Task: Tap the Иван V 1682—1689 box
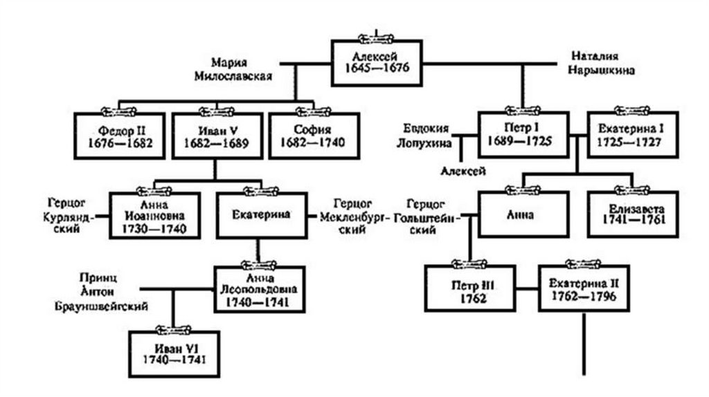point(217,136)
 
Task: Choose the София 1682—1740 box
point(314,136)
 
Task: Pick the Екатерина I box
point(629,136)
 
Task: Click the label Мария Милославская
point(231,68)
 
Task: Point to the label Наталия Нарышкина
point(604,62)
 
